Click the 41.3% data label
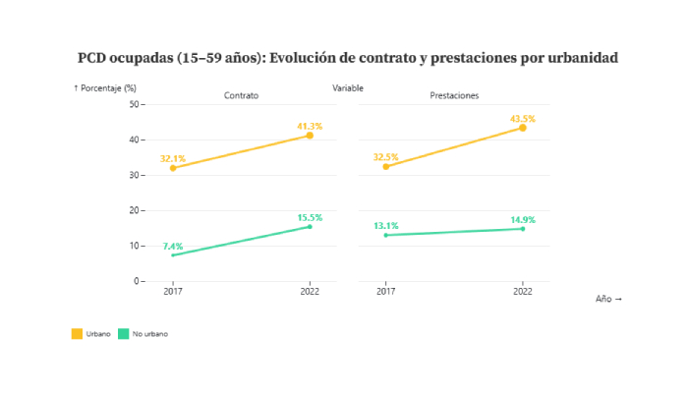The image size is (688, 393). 310,127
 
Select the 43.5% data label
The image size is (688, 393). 522,119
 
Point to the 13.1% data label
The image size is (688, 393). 385,226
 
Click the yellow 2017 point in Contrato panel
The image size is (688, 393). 173,168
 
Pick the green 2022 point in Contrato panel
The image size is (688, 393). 310,227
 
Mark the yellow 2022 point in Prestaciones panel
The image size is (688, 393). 523,128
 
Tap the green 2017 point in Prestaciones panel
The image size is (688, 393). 385,235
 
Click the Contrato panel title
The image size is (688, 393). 241,96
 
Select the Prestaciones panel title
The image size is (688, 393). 454,96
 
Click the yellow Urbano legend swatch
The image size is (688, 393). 77,334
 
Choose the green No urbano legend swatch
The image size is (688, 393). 123,334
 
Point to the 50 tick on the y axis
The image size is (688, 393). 135,104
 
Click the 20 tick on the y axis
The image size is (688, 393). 135,210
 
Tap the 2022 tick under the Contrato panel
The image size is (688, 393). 310,292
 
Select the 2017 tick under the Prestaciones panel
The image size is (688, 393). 385,292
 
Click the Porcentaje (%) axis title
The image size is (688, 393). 105,88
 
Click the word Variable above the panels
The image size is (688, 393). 348,88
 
